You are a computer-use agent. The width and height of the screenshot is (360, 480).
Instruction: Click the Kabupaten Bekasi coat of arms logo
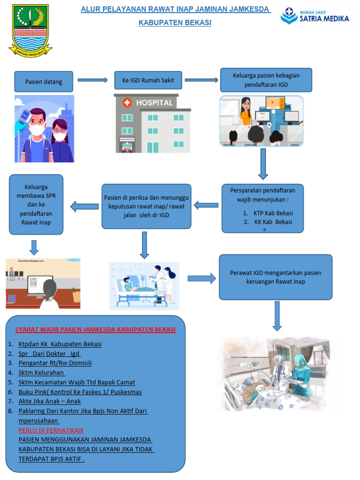[x=30, y=30]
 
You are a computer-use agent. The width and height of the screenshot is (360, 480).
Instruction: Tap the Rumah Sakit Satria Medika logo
[x=315, y=16]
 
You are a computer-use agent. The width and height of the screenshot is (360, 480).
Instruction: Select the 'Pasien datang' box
[x=44, y=82]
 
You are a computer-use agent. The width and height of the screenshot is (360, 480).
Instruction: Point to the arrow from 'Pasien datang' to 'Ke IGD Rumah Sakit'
[x=92, y=80]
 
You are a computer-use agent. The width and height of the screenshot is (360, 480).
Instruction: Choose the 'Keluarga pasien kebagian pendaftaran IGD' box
[x=266, y=80]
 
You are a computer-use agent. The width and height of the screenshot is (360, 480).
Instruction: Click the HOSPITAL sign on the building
[x=149, y=102]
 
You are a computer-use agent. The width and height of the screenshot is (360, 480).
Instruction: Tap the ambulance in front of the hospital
[x=127, y=147]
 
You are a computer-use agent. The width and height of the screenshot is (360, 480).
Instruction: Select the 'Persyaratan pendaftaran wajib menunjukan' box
[x=262, y=208]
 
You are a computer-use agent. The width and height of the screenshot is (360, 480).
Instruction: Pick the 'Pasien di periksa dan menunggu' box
[x=146, y=206]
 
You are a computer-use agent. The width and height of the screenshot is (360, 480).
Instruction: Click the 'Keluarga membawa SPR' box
[x=36, y=204]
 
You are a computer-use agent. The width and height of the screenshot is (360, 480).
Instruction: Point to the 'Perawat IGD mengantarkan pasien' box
[x=276, y=277]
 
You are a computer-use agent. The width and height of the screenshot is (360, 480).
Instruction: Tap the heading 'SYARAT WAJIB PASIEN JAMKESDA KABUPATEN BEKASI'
[x=96, y=330]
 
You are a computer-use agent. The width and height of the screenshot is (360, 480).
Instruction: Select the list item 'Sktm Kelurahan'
[x=41, y=373]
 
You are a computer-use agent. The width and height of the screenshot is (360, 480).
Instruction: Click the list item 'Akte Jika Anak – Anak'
[x=50, y=401]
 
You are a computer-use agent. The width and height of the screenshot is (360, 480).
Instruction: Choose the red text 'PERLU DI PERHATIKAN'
[x=51, y=430]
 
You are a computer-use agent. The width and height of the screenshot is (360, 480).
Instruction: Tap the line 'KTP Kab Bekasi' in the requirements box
[x=273, y=213]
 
